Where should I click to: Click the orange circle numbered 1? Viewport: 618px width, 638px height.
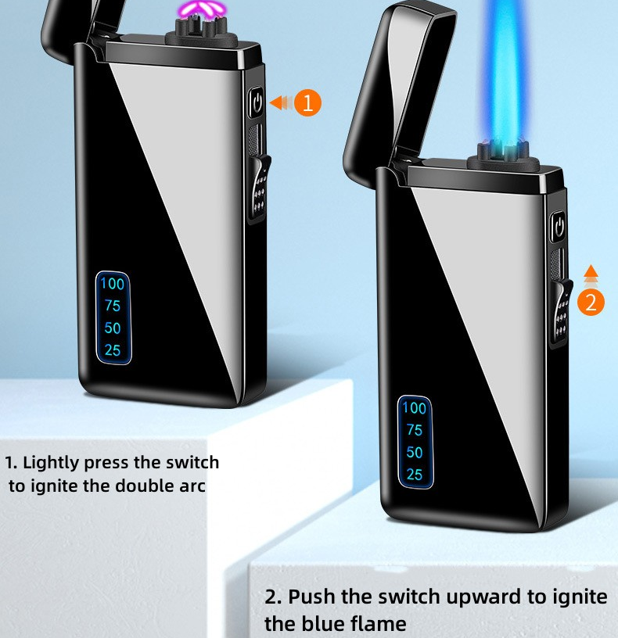307,102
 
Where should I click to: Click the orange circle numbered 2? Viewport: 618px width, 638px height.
591,303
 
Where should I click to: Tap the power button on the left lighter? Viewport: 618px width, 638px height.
257,102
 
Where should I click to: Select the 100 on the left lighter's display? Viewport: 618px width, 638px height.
113,284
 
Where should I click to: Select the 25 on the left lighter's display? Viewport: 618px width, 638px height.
113,350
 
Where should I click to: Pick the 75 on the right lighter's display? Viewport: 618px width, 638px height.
415,430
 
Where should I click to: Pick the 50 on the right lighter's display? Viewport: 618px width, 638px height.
415,453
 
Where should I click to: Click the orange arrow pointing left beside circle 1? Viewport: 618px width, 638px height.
281,102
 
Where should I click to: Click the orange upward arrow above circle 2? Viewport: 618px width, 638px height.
591,276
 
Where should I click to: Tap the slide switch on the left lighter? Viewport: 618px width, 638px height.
260,187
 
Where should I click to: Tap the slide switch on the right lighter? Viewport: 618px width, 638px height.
561,311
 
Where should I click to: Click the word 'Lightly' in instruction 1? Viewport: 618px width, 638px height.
51,463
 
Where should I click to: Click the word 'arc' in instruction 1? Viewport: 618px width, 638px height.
192,486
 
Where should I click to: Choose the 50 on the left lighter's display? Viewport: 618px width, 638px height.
113,328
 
